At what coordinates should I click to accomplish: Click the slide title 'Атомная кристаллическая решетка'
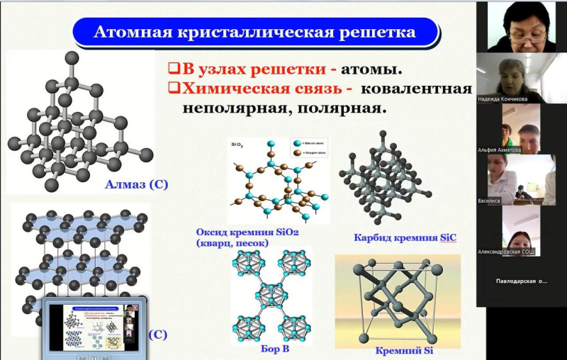[x=255, y=33]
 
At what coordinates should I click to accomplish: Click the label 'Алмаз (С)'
[x=136, y=185]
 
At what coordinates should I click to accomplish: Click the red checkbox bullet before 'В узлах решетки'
[x=172, y=69]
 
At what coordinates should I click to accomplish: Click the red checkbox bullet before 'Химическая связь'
[x=172, y=89]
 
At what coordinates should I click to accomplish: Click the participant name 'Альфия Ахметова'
[x=505, y=150]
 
